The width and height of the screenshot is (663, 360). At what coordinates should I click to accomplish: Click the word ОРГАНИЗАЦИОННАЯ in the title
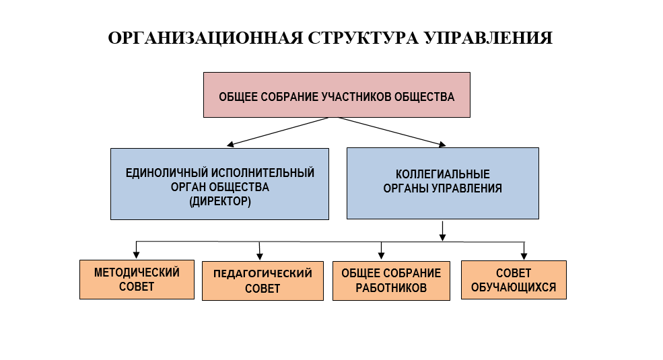click(x=205, y=38)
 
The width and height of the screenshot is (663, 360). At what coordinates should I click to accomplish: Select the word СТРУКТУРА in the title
click(x=363, y=38)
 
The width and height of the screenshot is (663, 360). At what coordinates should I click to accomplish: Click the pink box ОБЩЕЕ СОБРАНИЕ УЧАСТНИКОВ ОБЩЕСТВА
click(x=337, y=95)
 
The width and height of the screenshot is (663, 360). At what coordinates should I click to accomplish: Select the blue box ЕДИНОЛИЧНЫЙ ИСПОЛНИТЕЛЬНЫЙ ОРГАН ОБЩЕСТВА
click(x=219, y=184)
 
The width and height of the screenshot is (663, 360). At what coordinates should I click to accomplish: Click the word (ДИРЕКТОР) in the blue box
click(x=220, y=201)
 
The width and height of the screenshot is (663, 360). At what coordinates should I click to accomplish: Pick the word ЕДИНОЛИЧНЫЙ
click(x=167, y=173)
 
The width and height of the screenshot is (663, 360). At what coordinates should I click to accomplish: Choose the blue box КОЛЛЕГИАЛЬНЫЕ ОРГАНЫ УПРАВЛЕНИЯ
click(x=443, y=184)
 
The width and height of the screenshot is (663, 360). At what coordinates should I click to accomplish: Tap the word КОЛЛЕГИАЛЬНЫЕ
click(x=443, y=174)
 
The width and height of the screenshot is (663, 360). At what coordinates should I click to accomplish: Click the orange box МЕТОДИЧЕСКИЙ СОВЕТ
click(x=137, y=280)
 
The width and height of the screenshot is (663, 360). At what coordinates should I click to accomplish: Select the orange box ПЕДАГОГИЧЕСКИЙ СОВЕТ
click(x=263, y=281)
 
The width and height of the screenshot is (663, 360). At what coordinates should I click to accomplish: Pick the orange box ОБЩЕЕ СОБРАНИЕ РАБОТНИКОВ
click(x=391, y=281)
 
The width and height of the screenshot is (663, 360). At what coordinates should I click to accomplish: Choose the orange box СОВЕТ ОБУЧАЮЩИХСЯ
click(x=514, y=280)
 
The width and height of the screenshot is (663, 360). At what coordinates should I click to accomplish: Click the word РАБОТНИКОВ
click(x=391, y=288)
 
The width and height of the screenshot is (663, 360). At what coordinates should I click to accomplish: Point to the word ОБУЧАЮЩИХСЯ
click(x=514, y=287)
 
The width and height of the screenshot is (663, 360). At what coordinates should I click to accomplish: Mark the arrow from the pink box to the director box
click(x=278, y=132)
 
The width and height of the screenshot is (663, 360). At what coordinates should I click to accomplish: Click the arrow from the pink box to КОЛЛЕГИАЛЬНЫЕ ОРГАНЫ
click(x=392, y=132)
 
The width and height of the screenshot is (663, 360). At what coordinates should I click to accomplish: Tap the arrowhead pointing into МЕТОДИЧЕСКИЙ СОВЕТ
click(x=136, y=255)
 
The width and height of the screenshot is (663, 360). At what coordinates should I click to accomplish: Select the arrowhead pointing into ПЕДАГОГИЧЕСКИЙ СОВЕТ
click(x=260, y=256)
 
